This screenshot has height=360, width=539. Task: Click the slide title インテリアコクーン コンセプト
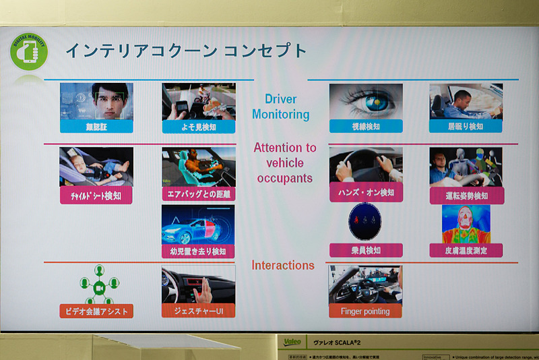185,51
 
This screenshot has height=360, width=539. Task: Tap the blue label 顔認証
96,126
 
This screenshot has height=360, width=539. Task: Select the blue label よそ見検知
198,126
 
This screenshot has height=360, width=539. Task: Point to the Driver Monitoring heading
281,107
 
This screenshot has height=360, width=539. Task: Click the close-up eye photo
366,100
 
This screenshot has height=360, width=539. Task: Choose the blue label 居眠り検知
466,126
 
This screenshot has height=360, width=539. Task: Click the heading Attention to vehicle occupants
285,162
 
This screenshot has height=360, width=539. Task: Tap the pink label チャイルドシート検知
95,196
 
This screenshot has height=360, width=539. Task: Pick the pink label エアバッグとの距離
198,195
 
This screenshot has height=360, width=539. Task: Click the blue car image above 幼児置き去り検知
198,225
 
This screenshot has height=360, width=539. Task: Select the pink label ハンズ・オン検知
366,193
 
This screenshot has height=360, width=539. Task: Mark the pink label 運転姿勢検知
466,196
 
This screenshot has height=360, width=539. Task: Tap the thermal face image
466,224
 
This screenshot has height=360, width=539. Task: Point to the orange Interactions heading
283,265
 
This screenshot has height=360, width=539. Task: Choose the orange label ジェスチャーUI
198,311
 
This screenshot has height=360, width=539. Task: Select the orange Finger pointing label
366,311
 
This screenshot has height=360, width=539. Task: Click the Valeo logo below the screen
292,342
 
